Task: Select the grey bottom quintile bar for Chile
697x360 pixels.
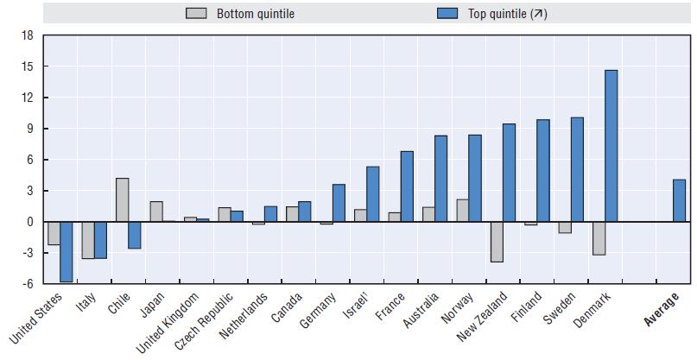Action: (x=122, y=200)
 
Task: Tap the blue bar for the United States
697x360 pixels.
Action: (x=66, y=251)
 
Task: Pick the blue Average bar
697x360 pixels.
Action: (x=679, y=201)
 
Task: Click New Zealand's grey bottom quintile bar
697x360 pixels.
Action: (x=496, y=242)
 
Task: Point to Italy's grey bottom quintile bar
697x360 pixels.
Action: (x=88, y=240)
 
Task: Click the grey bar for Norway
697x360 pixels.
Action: (x=462, y=211)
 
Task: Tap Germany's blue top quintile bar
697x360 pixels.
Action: (x=339, y=203)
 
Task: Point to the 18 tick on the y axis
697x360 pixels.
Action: (x=27, y=35)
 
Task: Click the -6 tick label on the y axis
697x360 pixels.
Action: (x=26, y=284)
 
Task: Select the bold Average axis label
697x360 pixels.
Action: (x=662, y=308)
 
